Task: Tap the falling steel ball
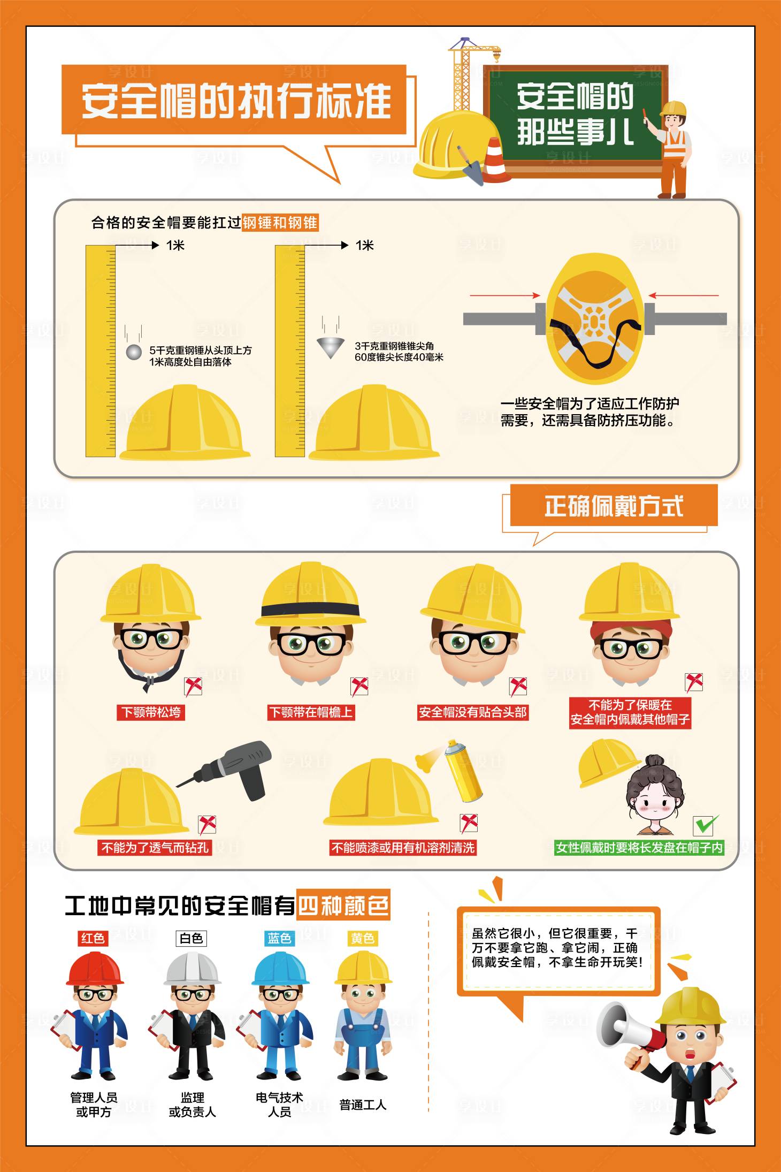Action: coord(133,352)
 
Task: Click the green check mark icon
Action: coord(706,825)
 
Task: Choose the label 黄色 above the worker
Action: coord(363,938)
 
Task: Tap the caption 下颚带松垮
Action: coord(151,712)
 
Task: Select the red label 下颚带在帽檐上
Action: coord(311,712)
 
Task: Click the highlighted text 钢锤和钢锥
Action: coord(280,223)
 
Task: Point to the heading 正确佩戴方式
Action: coord(613,506)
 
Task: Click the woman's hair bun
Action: coord(654,761)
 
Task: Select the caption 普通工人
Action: coord(363,1105)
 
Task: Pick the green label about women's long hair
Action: coord(639,848)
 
